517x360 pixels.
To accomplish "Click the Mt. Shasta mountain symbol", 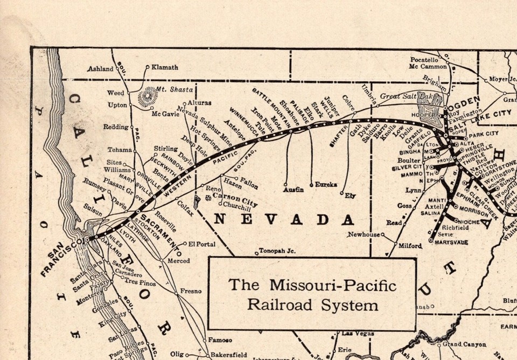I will click(146, 98).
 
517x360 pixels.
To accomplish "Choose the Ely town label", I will click(350, 196).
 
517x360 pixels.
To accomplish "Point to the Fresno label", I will click(191, 291).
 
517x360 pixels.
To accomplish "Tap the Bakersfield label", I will click(228, 355).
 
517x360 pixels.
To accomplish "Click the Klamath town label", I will click(165, 67).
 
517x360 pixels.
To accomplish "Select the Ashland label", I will click(101, 69).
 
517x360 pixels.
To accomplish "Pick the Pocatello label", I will click(424, 59).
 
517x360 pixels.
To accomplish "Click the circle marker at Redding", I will click(131, 128).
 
